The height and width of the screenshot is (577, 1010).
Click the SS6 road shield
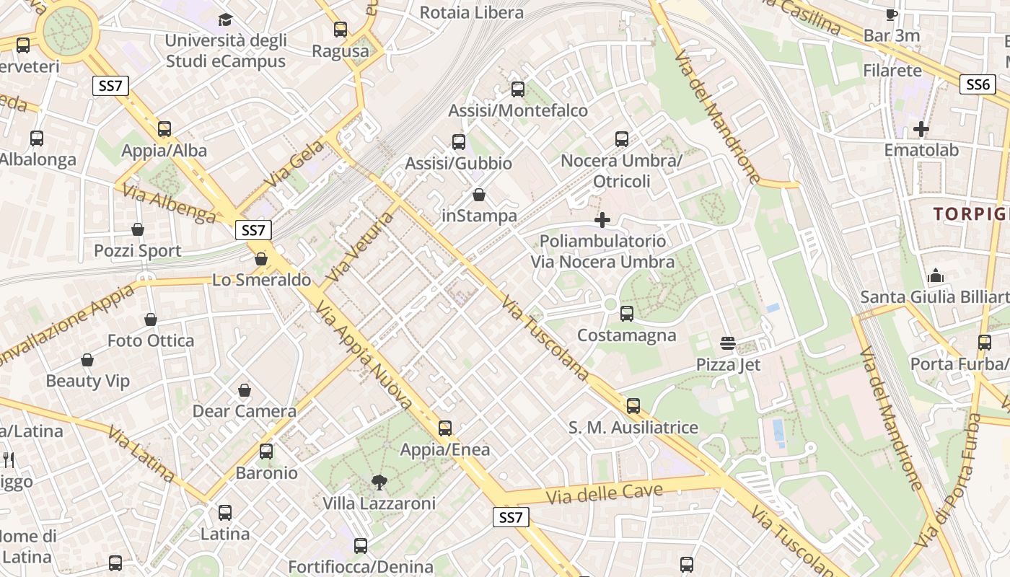tap(978, 84)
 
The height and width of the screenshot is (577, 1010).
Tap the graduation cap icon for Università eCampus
tap(226, 19)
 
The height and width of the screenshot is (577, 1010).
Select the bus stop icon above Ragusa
tap(341, 30)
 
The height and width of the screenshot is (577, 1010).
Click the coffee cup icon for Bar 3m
tap(892, 14)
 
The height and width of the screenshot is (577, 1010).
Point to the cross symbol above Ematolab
tap(921, 130)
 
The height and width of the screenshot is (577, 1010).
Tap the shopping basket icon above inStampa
tap(479, 195)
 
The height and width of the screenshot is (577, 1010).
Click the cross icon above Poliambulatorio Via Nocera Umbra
tap(602, 220)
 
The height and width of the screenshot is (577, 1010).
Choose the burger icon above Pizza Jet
tap(727, 343)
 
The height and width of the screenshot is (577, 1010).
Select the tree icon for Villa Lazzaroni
tap(379, 482)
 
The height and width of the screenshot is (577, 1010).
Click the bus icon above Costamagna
tap(627, 314)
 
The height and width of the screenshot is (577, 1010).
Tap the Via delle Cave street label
tap(604, 494)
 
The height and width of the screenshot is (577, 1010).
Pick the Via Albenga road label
tap(169, 203)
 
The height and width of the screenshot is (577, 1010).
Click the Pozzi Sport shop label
tap(138, 251)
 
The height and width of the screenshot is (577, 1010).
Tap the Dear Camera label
tap(244, 411)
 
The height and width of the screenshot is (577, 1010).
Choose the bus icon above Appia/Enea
tap(445, 428)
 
